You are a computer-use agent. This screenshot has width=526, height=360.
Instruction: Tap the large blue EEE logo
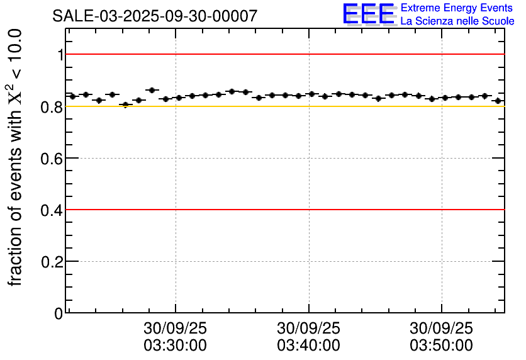(x=369, y=14)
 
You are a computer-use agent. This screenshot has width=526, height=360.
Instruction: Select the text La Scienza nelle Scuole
(x=457, y=21)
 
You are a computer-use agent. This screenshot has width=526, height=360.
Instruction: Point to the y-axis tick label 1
(x=60, y=55)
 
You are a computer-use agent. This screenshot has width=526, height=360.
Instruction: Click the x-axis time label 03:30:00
(x=176, y=346)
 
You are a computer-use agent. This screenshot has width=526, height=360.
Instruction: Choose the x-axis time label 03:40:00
(x=308, y=346)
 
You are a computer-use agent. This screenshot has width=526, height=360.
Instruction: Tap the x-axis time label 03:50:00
(x=441, y=346)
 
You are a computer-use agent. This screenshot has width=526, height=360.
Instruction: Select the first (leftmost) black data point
(x=72, y=96)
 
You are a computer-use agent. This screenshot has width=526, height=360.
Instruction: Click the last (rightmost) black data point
(x=498, y=101)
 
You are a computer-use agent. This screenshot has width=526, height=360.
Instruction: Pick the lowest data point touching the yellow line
(x=125, y=104)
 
